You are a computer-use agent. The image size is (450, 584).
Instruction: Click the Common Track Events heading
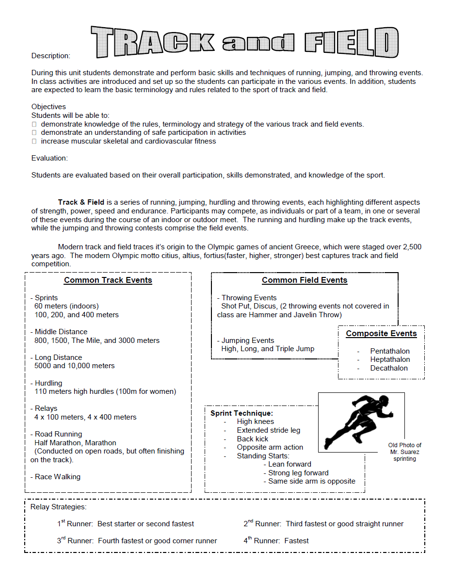[x=108, y=280]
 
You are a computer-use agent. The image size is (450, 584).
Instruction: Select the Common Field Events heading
[x=305, y=280]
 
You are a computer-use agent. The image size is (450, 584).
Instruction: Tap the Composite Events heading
[x=381, y=334]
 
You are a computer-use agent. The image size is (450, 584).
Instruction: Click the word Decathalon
[x=389, y=368]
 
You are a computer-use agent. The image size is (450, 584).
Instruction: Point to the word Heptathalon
[x=390, y=359]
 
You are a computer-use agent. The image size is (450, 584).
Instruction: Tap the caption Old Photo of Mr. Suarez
[x=405, y=452]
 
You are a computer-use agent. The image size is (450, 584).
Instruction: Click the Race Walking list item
[x=57, y=477]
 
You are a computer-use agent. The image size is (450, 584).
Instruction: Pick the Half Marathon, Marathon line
[x=75, y=443]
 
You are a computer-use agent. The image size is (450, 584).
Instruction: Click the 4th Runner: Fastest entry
[x=276, y=540]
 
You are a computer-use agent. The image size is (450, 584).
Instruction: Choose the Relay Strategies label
[x=58, y=507]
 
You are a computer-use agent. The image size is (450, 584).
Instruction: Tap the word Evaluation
[x=49, y=158]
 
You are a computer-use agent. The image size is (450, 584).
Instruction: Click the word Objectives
[x=48, y=107]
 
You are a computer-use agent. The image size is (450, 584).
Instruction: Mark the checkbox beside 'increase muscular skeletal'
[x=34, y=141]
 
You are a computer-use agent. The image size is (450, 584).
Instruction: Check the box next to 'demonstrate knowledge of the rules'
[x=34, y=124]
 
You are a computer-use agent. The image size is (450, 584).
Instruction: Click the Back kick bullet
[x=253, y=439]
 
